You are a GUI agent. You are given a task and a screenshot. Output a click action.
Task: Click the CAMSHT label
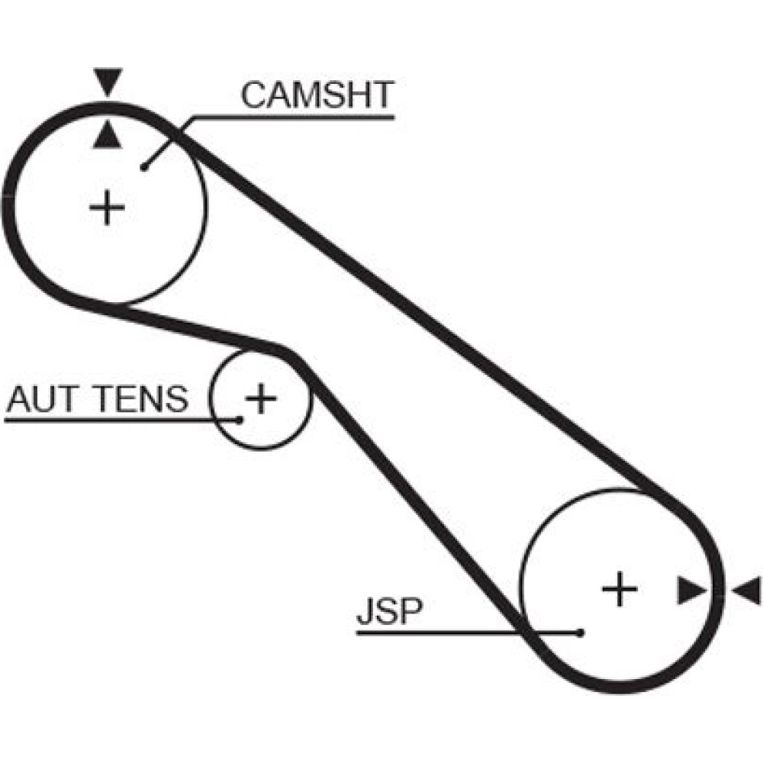point(317,95)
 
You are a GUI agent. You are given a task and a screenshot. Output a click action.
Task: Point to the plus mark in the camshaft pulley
point(108,208)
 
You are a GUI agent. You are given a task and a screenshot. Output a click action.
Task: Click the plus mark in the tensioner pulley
point(261,398)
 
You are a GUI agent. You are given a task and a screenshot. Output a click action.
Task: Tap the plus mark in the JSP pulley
point(619,589)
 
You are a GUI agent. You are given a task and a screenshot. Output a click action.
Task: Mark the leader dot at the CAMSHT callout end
point(143,167)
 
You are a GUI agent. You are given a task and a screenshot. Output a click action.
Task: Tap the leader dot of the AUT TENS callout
point(239,419)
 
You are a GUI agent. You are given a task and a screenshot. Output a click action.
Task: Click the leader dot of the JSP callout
point(581,633)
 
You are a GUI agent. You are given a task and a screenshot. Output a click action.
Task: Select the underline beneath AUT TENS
point(114,420)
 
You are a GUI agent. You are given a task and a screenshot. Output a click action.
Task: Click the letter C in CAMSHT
point(254,95)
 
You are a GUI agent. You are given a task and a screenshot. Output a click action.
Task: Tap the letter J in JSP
point(364,613)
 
